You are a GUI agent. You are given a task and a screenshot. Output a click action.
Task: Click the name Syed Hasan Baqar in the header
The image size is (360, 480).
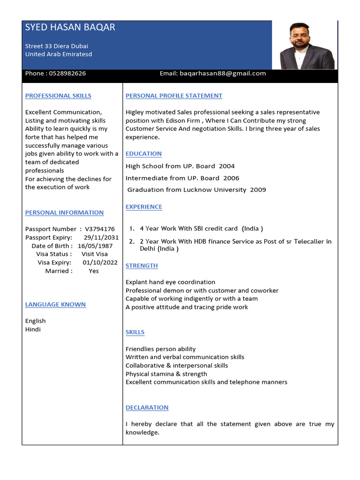[70, 28]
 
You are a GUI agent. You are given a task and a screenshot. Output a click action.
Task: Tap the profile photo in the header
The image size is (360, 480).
[307, 45]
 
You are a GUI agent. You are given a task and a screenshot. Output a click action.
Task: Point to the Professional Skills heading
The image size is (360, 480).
[58, 96]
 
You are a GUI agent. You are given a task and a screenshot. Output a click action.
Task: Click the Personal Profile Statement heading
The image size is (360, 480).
[174, 96]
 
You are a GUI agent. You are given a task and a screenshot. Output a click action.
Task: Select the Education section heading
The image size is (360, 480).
[143, 154]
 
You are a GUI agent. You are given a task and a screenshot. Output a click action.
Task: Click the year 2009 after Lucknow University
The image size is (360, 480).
[258, 190]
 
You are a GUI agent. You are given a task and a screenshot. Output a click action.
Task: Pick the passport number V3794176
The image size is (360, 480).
[100, 229]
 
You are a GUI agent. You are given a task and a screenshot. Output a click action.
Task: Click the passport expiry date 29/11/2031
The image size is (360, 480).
[105, 238]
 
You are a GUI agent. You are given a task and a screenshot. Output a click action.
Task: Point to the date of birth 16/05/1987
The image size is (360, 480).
[95, 246]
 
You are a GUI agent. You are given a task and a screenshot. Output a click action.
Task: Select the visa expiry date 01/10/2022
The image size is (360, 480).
[100, 262]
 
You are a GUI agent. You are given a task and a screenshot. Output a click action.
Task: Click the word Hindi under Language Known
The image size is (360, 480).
[33, 330]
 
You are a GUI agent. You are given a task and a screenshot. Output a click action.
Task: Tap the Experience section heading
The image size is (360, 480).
[144, 207]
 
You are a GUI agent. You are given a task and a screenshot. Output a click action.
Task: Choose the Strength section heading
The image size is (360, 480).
[142, 266]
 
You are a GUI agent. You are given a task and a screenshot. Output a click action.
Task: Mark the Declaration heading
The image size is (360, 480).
[147, 408]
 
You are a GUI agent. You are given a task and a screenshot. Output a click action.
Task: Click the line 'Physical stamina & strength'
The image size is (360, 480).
[166, 374]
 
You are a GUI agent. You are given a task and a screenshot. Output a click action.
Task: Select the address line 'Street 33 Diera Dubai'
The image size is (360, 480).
[57, 46]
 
